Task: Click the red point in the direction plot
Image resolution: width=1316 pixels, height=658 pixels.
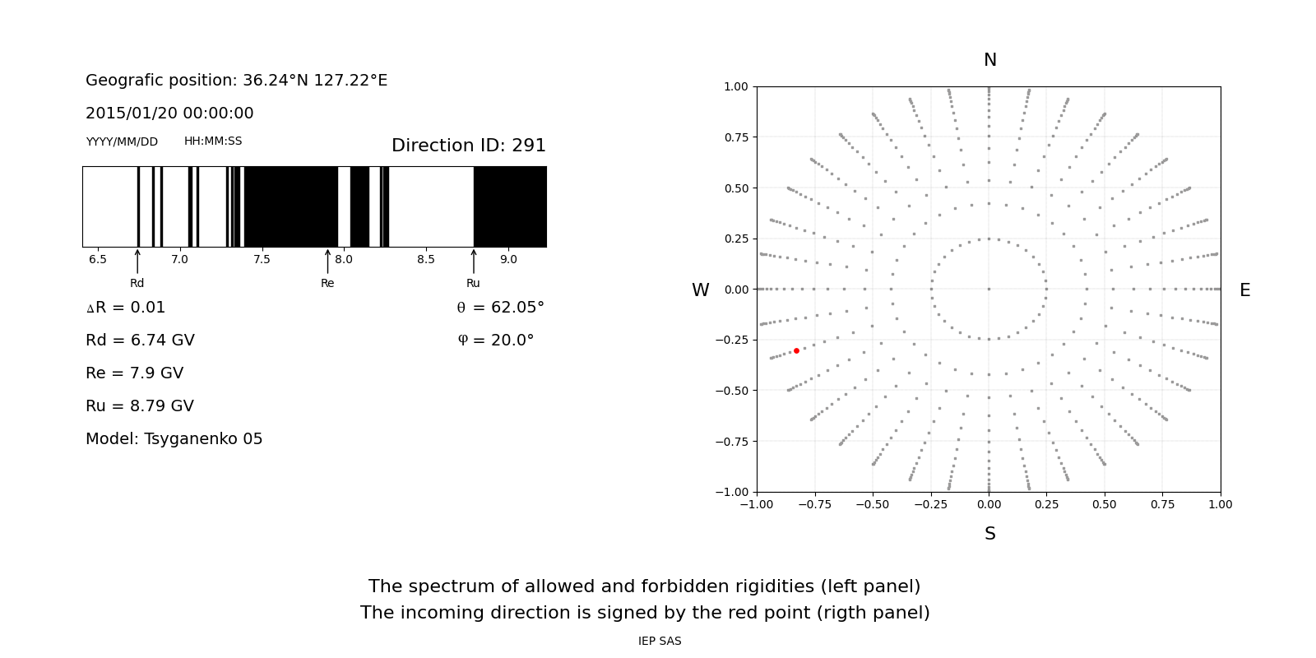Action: tap(796, 350)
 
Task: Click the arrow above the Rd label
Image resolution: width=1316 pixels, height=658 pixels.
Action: tap(137, 261)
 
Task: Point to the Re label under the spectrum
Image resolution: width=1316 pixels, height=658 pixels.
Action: tap(327, 284)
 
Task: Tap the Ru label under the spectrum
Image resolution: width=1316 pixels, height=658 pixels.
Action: tap(473, 284)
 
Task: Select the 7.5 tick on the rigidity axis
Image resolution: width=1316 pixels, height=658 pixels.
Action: tap(262, 260)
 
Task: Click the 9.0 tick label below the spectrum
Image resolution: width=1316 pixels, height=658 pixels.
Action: tap(508, 260)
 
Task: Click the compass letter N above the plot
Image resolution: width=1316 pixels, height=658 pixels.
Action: tap(989, 60)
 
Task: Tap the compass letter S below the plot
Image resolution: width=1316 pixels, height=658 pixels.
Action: tap(989, 534)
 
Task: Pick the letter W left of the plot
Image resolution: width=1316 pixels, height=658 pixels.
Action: tap(700, 290)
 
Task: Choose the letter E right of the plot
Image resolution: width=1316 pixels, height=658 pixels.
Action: tap(1244, 290)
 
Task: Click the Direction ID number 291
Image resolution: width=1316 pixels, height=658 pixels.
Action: tap(529, 146)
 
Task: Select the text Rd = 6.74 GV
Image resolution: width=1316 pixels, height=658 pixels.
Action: tap(140, 341)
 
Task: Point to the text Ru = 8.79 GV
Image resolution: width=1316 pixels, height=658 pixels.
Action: tap(140, 406)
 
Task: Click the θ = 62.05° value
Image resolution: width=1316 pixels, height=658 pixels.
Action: tap(500, 308)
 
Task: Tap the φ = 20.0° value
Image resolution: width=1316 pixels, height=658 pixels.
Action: tap(495, 341)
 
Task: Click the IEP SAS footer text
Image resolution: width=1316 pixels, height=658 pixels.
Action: tap(660, 642)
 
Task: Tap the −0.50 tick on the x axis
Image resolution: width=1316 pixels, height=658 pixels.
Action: tap(873, 504)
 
